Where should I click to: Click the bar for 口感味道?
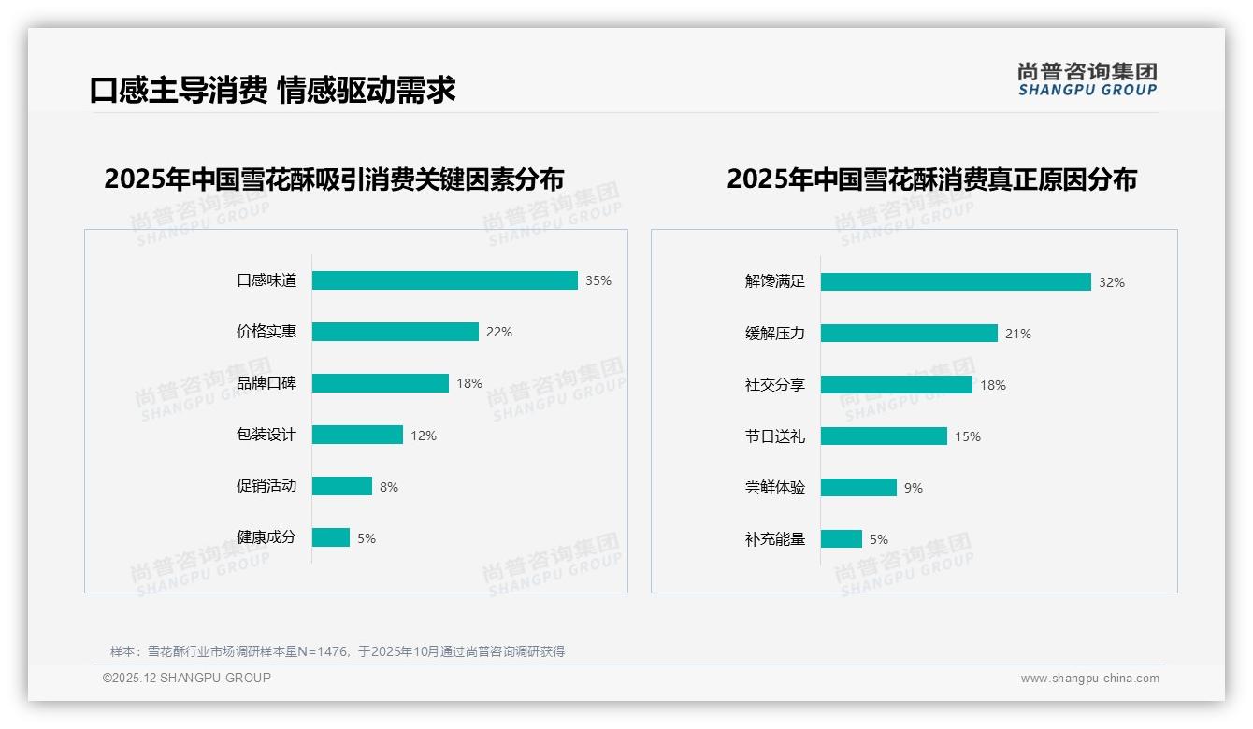coord(444,280)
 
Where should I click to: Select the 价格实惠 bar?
coord(395,332)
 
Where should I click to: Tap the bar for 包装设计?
coord(357,435)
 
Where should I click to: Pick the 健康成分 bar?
coord(330,537)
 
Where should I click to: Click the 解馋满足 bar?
coord(955,281)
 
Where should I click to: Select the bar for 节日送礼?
coord(883,436)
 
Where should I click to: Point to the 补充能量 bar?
coord(841,539)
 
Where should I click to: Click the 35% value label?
coord(598,280)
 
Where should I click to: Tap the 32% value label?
coord(1112,282)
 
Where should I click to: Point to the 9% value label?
coord(914,488)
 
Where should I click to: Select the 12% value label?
coord(424,436)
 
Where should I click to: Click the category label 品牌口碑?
coord(266,383)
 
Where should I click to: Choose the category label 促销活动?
coord(266,486)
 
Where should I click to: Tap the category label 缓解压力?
coord(774,334)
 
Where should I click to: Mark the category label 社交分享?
coord(774,385)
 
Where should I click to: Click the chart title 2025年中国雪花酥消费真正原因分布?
coord(931,179)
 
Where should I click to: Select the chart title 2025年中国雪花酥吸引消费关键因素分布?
coord(334,179)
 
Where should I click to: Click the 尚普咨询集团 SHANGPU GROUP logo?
coord(1087,79)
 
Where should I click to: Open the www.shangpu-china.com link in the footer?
coord(1089,679)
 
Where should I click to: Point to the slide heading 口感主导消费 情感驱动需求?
coord(273,90)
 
